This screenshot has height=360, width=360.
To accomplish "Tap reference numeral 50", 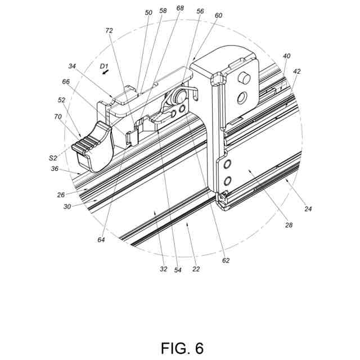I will pyautogui.click(x=148, y=12).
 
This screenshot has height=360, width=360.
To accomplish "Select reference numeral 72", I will pyautogui.click(x=109, y=31).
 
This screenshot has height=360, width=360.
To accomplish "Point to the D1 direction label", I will pyautogui.click(x=103, y=66).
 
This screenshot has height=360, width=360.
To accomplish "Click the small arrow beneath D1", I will pyautogui.click(x=105, y=73).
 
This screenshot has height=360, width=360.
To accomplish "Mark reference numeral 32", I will pyautogui.click(x=163, y=269).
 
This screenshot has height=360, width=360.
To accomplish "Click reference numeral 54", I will pyautogui.click(x=178, y=270).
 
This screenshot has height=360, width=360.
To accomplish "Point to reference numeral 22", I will pyautogui.click(x=196, y=269).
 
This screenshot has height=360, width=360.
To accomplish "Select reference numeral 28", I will pyautogui.click(x=289, y=225).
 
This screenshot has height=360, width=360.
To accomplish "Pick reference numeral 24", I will pyautogui.click(x=308, y=209).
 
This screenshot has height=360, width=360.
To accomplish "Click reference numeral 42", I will pyautogui.click(x=297, y=71).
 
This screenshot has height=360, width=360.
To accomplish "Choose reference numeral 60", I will pyautogui.click(x=218, y=16).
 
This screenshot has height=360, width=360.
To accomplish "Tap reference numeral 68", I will pyautogui.click(x=181, y=8).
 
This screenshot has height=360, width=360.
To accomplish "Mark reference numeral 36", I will pyautogui.click(x=55, y=168).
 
